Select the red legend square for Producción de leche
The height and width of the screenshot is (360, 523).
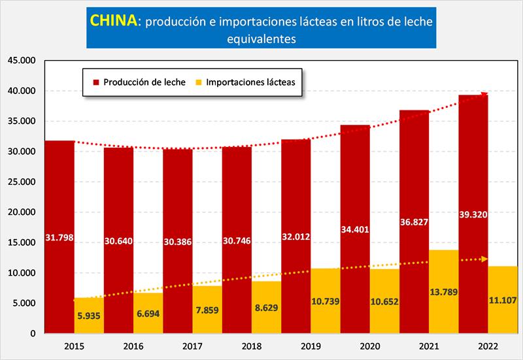96,82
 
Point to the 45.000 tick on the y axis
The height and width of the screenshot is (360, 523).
22,61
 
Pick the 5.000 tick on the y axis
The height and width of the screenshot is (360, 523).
24,303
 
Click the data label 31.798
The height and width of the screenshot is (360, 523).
59,237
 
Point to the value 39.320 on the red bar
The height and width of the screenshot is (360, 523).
474,214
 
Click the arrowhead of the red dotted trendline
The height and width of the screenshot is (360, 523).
484,95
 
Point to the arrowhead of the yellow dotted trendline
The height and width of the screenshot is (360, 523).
484,259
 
